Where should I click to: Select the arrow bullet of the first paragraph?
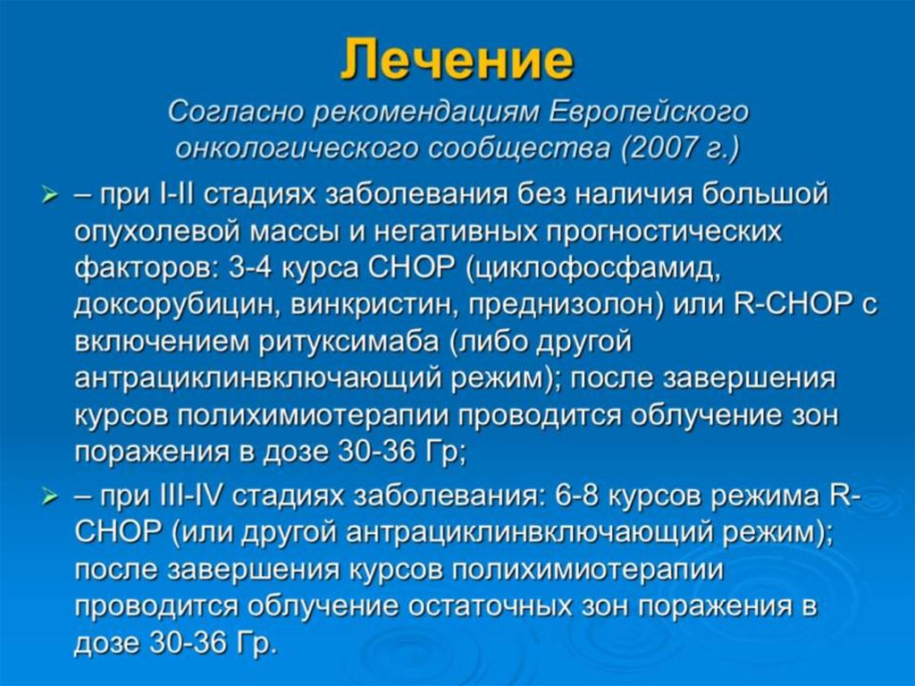pos(50,194)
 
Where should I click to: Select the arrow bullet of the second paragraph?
pos(50,496)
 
